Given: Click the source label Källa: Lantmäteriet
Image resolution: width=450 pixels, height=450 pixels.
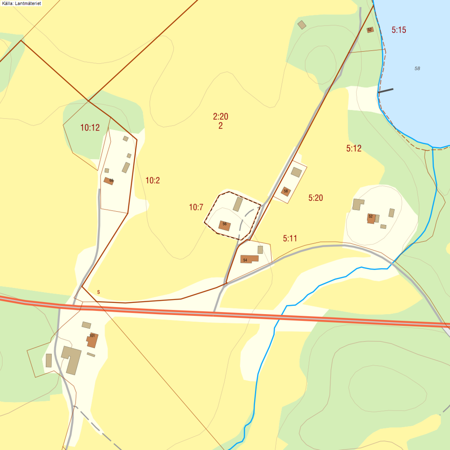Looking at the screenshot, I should pos(21,3).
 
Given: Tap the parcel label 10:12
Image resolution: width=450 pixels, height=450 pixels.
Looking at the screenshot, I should pos(90,128).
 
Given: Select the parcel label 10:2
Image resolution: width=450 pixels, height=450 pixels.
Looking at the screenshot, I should pos(152,180).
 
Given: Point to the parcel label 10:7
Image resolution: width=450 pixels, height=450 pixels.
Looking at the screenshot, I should pos(196,207).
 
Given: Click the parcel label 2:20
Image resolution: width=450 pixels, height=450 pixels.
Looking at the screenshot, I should pos(220,116).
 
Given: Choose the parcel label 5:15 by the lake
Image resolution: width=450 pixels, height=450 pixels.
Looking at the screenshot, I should pos(399,30).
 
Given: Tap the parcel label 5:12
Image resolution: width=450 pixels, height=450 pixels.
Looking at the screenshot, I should pos(354,148).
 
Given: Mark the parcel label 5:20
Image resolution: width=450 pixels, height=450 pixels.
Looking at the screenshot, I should pos(316,198).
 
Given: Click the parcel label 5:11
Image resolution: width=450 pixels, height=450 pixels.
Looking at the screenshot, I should pos(290,238).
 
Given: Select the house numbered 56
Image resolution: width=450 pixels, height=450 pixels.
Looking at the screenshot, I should pos(224,226).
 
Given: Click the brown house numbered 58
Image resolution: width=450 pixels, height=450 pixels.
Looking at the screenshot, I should pos(286,192).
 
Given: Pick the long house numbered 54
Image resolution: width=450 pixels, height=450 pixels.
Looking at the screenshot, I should pos(249,259).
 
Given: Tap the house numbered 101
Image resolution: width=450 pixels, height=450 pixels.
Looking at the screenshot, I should pos(92,340).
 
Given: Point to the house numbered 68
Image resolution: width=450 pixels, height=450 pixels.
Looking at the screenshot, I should pos(109,181).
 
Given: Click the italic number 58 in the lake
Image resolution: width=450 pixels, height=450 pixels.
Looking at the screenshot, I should pos(417,68).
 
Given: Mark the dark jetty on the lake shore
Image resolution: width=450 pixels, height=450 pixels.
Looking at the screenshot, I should pos(385,91).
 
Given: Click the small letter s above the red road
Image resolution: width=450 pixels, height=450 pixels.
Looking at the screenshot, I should pos(98,292).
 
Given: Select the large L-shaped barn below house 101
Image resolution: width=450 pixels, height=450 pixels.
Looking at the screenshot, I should pos(72,359).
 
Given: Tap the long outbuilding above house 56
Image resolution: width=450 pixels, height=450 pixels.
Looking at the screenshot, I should pos(238,204).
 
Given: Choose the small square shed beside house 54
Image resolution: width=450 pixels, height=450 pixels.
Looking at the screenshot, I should pos(260,250).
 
